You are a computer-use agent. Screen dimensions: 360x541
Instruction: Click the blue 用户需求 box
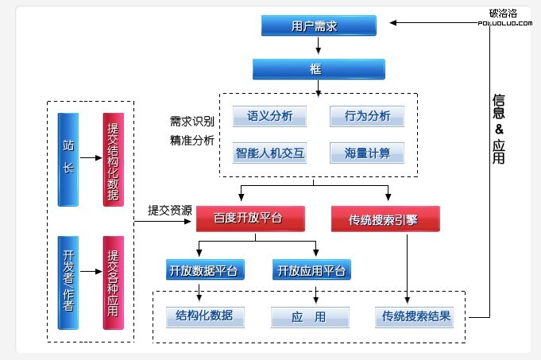319,25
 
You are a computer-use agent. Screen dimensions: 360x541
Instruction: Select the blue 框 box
315,69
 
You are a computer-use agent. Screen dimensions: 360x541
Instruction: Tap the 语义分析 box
269,117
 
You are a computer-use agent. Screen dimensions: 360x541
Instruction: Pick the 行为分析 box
367,117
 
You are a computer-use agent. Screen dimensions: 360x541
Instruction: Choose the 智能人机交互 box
269,152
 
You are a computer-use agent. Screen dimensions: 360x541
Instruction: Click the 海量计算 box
367,152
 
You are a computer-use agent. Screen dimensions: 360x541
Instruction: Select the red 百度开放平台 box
249,217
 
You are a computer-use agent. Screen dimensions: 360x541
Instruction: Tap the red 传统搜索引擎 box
384,217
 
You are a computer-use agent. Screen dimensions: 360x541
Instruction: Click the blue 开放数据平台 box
203,270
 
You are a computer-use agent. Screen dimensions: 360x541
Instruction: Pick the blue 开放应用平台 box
311,270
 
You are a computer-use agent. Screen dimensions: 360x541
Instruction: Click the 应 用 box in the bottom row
310,317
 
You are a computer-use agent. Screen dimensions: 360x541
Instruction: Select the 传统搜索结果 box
416,316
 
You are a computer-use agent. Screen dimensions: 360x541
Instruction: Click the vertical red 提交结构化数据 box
113,160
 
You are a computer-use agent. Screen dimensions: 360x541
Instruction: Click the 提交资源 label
169,211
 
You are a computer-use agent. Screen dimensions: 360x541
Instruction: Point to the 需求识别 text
191,122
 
